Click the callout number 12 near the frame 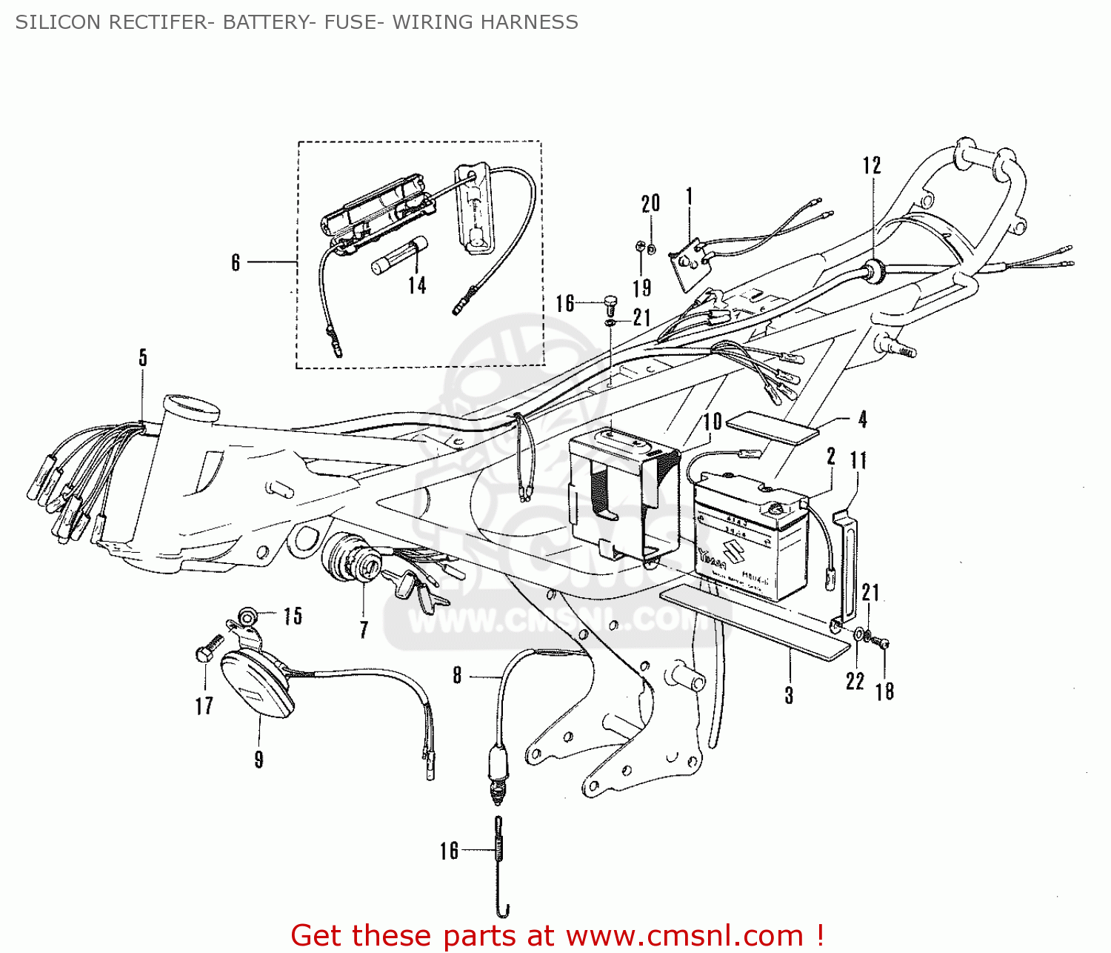point(872,165)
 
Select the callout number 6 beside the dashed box point(236,262)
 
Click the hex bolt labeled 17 point(206,649)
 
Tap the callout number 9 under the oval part point(258,760)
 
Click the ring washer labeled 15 point(248,614)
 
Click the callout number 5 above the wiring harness point(143,358)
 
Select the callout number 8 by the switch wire point(457,675)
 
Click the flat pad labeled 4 point(773,428)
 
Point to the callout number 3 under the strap point(789,695)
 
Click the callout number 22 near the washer point(855,681)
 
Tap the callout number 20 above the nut point(650,203)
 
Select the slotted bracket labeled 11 point(848,563)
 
